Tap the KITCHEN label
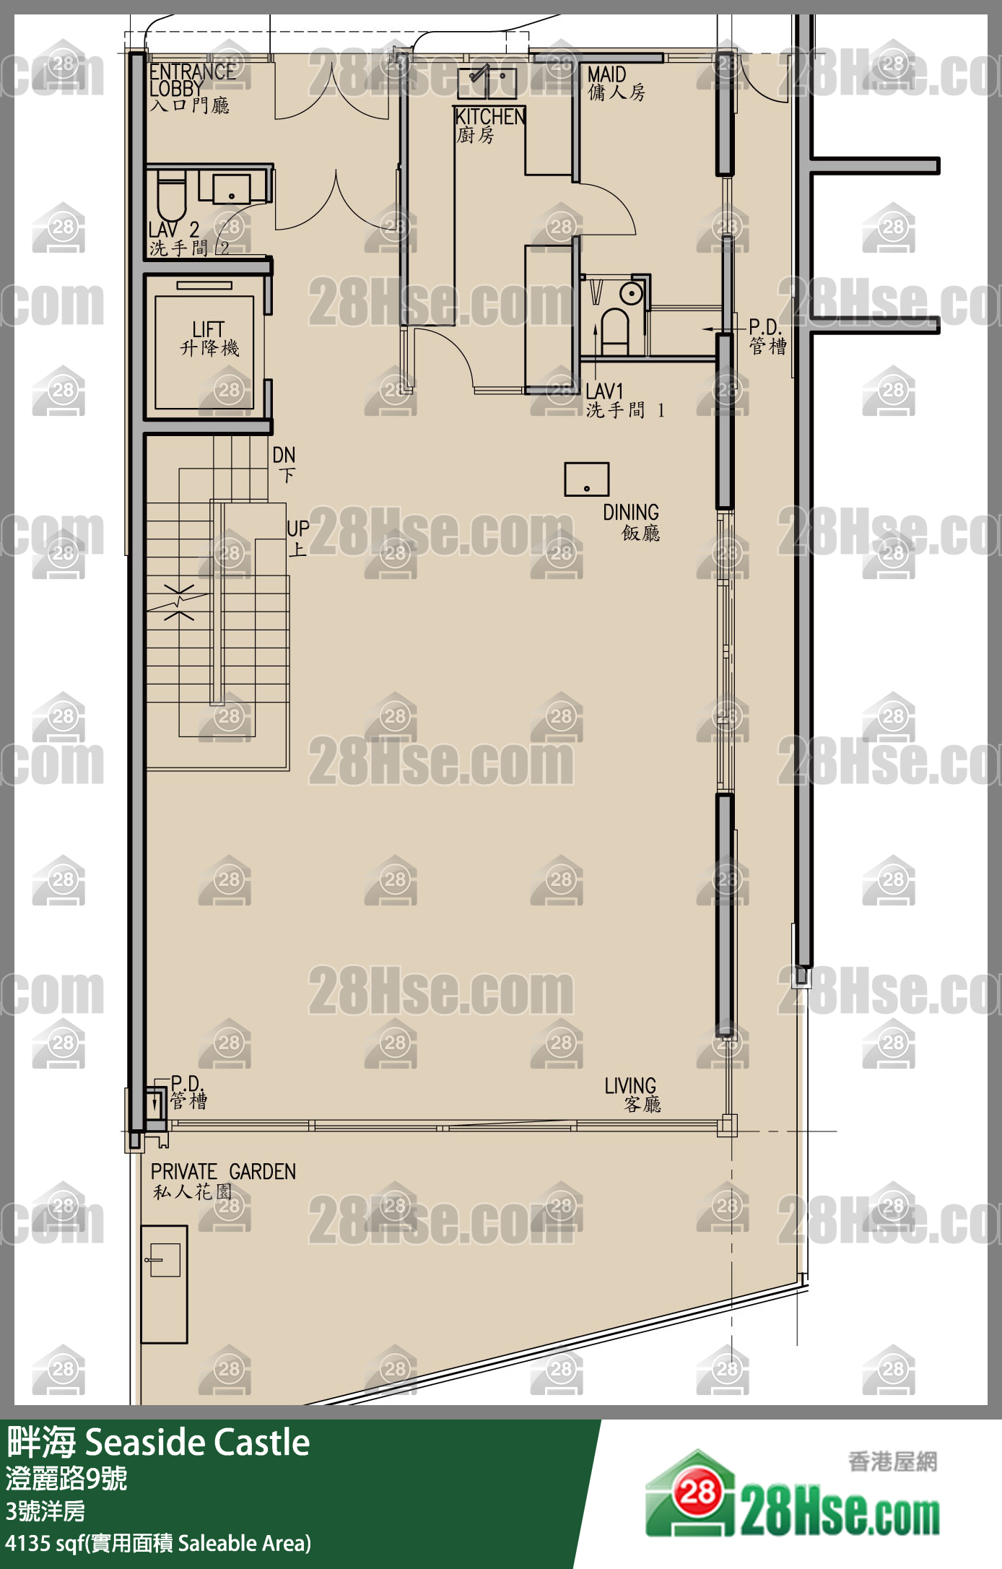(489, 124)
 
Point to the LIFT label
(209, 339)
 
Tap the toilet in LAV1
(615, 328)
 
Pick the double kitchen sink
(487, 82)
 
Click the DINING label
(632, 522)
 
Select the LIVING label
(632, 1095)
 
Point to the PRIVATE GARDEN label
(223, 1180)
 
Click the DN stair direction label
(284, 463)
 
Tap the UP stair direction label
(297, 538)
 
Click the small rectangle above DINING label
(586, 479)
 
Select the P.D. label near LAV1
(767, 336)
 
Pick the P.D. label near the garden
(188, 1092)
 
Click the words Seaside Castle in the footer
(197, 1443)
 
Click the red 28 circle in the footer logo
(697, 1492)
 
